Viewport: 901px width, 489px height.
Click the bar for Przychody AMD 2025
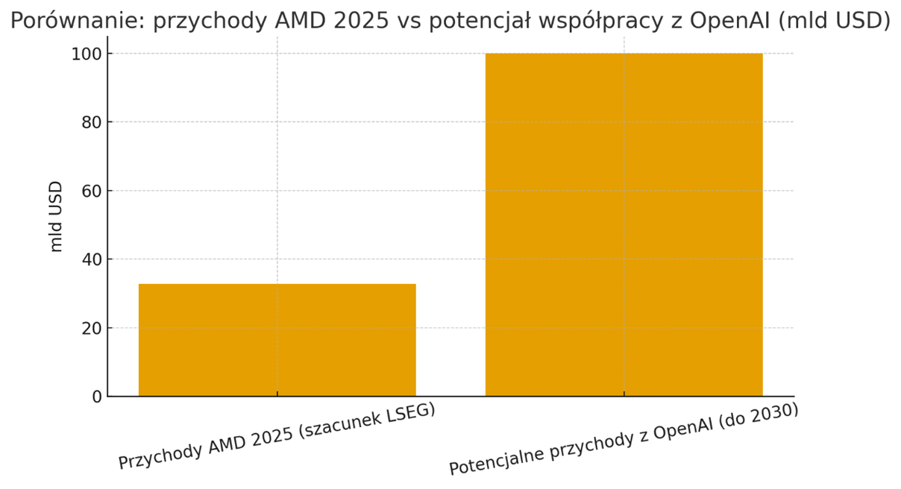pos(277,340)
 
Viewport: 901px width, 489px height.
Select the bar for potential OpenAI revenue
pos(624,224)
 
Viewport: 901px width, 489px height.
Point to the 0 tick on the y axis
pos(97,397)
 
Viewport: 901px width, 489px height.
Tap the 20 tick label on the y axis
pos(92,329)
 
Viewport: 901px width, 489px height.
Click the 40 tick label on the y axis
pos(92,260)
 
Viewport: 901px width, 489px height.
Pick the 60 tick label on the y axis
pos(92,192)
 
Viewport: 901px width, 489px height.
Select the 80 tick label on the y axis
pos(92,123)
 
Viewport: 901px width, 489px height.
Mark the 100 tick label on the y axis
pos(87,54)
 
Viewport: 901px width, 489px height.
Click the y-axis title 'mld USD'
pos(56,217)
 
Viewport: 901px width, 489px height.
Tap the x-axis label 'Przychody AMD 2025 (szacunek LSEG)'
pos(277,437)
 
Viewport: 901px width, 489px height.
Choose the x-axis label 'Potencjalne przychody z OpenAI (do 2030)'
pos(624,440)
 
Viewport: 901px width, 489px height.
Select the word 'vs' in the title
pos(414,22)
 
